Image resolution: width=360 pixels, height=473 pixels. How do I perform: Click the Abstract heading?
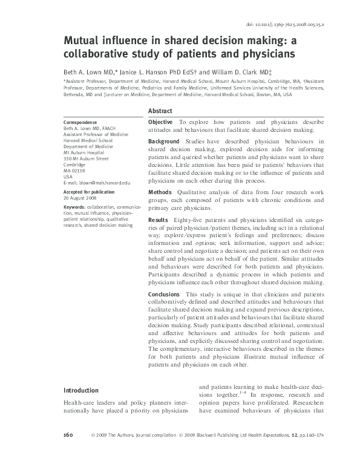point(160,111)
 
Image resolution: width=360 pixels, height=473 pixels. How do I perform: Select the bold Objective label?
point(161,122)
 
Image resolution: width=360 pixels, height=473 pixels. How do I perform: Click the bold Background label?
point(164,142)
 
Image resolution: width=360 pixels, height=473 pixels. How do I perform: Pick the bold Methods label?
point(160,191)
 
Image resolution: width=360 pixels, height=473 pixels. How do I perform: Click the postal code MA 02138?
point(74,171)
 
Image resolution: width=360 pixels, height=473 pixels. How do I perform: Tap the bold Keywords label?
point(74,207)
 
